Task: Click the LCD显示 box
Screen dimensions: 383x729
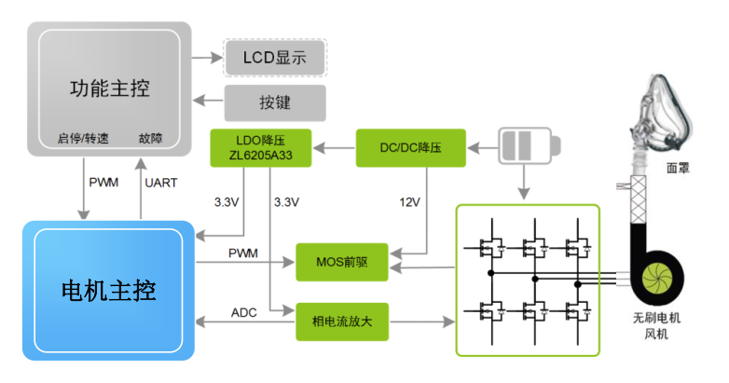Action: coord(275,58)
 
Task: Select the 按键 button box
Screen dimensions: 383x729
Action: coord(275,103)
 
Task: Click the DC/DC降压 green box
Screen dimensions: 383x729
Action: coord(410,148)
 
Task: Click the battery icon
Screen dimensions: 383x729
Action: coord(528,146)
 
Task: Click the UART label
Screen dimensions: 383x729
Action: coord(161,182)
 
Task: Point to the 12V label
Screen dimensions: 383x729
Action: coord(408,201)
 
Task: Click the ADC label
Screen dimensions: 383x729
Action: coord(244,312)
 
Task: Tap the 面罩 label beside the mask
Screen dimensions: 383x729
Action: coord(679,170)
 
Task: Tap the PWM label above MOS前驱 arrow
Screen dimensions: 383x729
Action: coord(244,253)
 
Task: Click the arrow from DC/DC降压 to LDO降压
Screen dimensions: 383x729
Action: coord(336,147)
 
